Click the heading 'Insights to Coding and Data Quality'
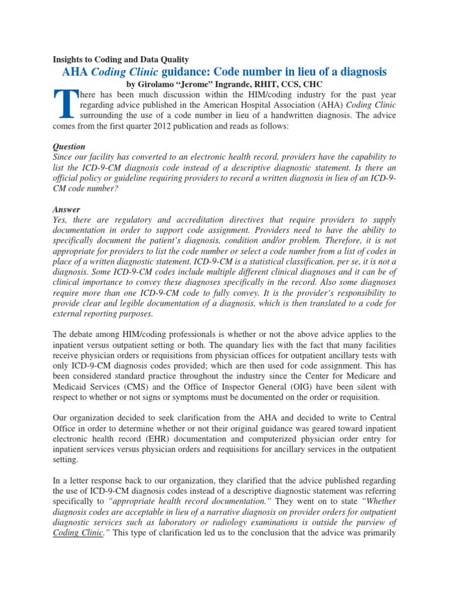pos(121,60)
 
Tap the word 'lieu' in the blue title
pos(308,71)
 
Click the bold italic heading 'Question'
pos(69,147)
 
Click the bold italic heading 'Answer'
pos(66,209)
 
